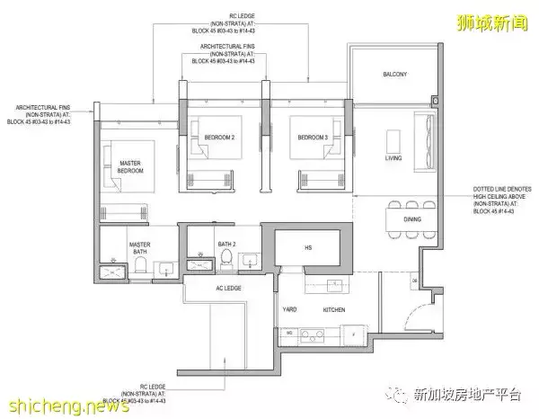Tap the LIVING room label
[x=393, y=158]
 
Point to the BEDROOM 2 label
[x=221, y=137]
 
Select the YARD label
[x=290, y=309]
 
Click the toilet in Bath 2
[x=226, y=262]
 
